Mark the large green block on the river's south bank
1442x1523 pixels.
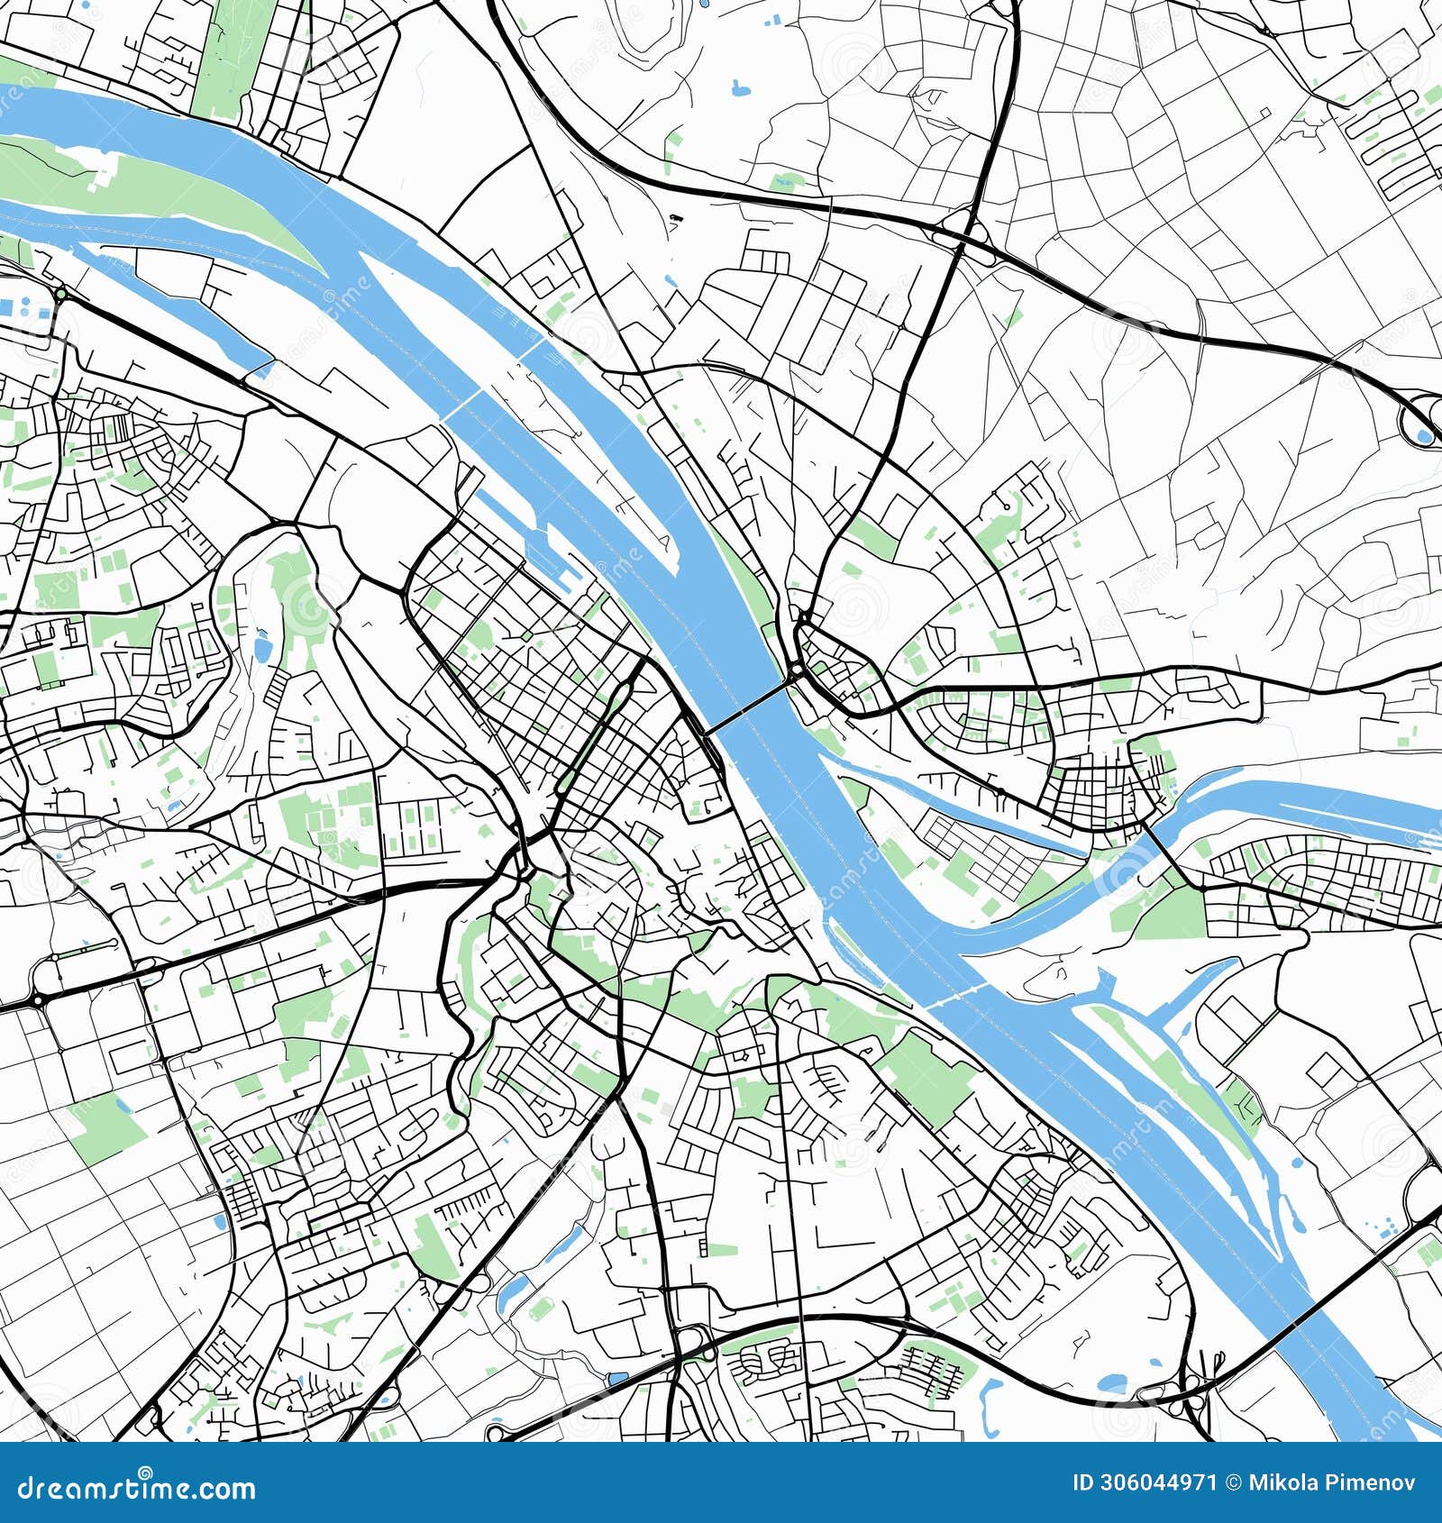tap(928, 1077)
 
